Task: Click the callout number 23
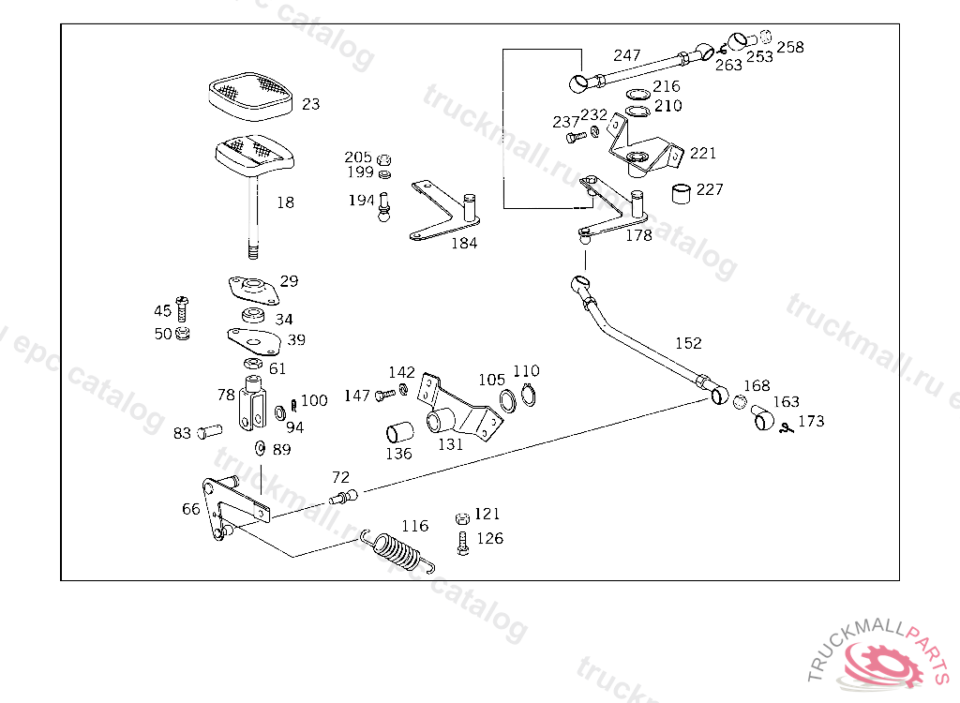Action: (x=310, y=104)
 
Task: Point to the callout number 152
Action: (x=688, y=343)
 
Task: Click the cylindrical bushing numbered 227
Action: (x=683, y=193)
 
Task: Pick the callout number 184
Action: (x=464, y=243)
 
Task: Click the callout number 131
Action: (x=451, y=444)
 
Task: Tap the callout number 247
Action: (x=627, y=55)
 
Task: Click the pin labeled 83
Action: (x=208, y=432)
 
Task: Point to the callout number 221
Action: (x=703, y=153)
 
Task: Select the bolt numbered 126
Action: (x=462, y=543)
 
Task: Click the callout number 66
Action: (x=191, y=509)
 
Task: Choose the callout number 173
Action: (x=811, y=421)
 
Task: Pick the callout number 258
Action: (x=790, y=47)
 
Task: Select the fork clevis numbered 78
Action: (x=251, y=404)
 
